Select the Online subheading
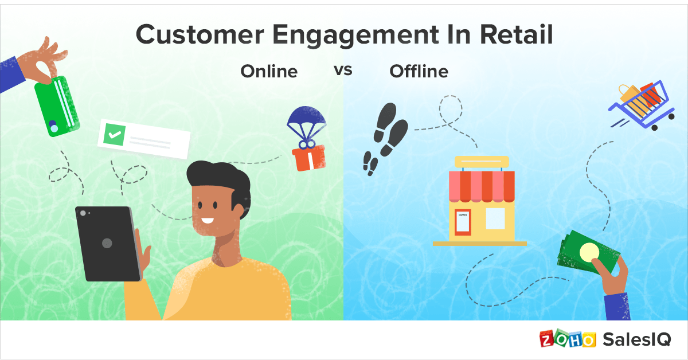pos(269,72)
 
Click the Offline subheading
pos(419,72)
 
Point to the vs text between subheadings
pos(343,71)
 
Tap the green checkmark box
pos(114,136)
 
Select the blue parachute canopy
pos(306,120)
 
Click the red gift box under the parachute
pos(308,157)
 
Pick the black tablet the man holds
pos(108,243)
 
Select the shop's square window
pos(495,218)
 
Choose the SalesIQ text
pos(636,339)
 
